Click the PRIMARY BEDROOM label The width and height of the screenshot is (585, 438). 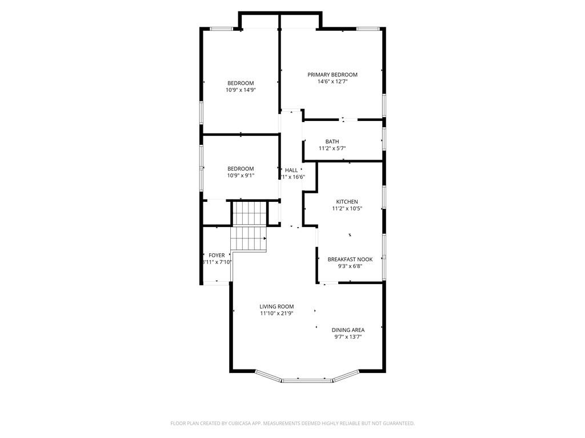(x=332, y=75)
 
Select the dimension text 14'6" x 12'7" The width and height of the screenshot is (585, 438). (x=332, y=82)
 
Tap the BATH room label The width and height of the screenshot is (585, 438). (x=332, y=141)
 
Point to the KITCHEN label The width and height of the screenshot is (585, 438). (x=347, y=202)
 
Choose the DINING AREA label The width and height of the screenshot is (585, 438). (x=348, y=330)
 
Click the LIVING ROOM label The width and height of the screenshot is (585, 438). (x=277, y=306)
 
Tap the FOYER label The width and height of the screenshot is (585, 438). (x=217, y=255)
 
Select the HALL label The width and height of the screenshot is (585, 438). (x=291, y=170)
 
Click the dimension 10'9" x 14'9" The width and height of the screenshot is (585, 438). (x=241, y=90)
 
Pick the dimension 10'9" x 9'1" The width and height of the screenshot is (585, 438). (x=241, y=176)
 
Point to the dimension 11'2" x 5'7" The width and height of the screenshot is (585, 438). (x=332, y=148)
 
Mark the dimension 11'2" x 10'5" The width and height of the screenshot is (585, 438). (x=347, y=209)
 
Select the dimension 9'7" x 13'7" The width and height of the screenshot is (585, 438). (x=348, y=336)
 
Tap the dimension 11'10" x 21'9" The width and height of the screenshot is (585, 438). (x=277, y=313)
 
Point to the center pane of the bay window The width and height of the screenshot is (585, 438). (x=307, y=379)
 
